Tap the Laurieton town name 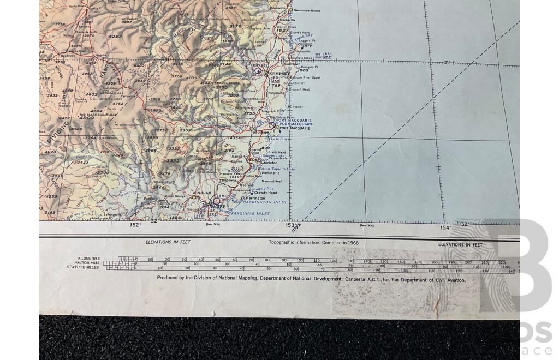coord(269,163)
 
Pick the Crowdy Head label coord(265,193)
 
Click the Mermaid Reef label coord(270,181)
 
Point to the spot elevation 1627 coord(282,31)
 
